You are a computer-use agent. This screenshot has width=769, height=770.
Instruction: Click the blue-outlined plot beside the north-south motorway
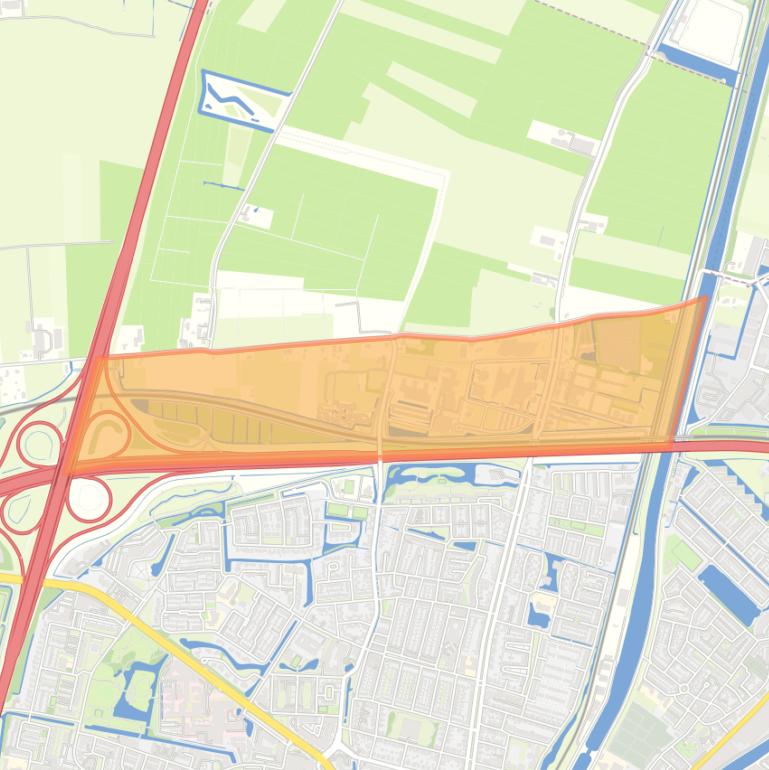click(x=243, y=98)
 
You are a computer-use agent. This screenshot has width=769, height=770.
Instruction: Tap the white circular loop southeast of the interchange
click(x=88, y=499)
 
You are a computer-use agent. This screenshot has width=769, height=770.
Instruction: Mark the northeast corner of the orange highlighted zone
click(x=704, y=299)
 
